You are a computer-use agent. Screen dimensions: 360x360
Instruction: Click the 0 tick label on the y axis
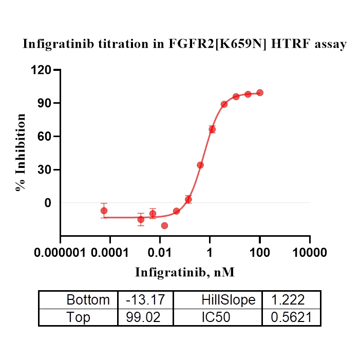pyautogui.click(x=48, y=203)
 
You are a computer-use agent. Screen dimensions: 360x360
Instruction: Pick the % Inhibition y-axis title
pyautogui.click(x=21, y=153)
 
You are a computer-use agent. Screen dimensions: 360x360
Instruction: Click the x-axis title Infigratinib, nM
pyautogui.click(x=185, y=272)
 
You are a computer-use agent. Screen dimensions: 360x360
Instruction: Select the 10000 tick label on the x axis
pyautogui.click(x=309, y=253)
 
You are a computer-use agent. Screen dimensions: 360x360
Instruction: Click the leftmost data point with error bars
pyautogui.click(x=104, y=211)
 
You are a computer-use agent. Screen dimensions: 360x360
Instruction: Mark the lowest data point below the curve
pyautogui.click(x=164, y=225)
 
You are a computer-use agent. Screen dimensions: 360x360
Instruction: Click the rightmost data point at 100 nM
pyautogui.click(x=260, y=92)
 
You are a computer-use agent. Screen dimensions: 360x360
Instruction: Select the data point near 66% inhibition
pyautogui.click(x=212, y=129)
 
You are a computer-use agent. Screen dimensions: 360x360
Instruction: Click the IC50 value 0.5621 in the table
pyautogui.click(x=291, y=317)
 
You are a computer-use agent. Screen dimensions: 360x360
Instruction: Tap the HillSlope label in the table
pyautogui.click(x=228, y=300)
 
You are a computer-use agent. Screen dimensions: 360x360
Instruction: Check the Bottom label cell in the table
pyautogui.click(x=88, y=300)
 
